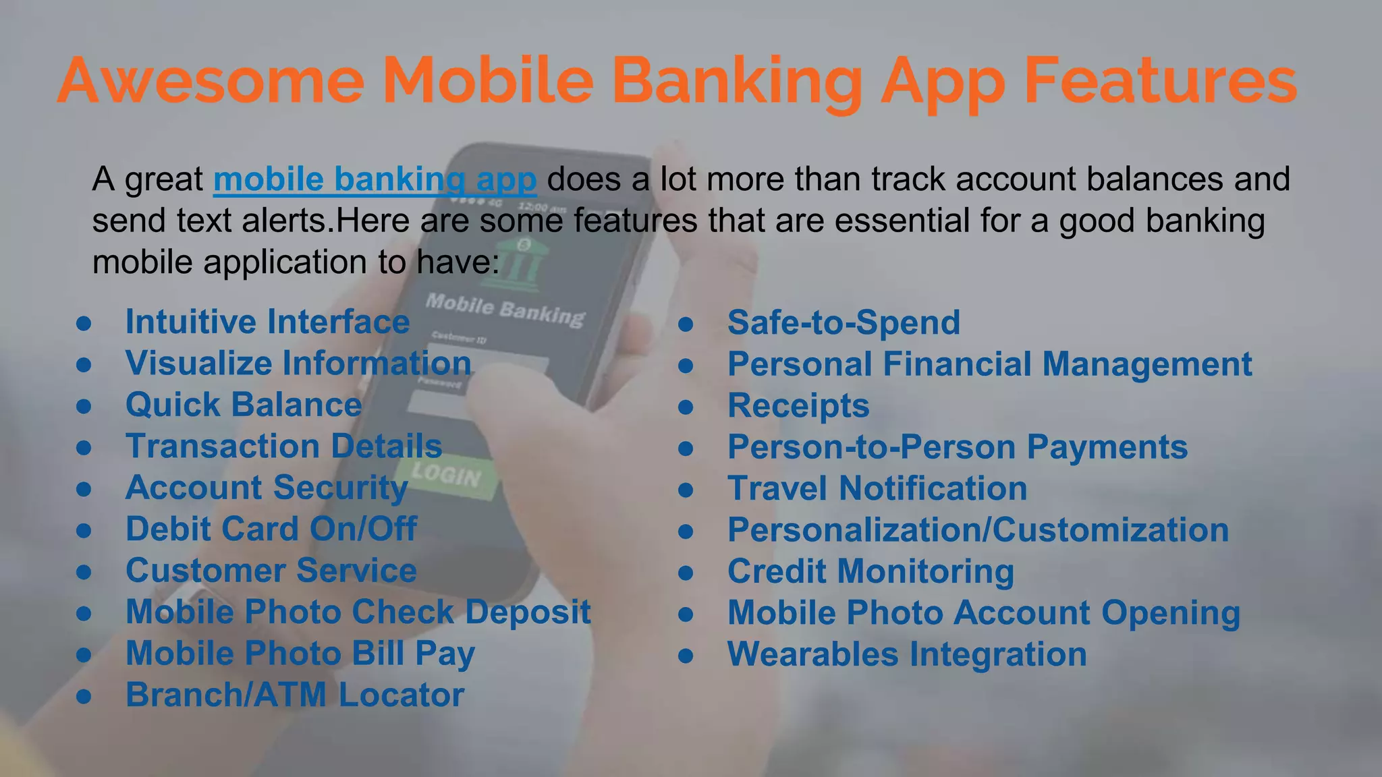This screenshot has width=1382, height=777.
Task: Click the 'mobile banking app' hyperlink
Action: pos(375,179)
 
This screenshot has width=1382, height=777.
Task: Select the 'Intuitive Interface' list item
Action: pos(267,322)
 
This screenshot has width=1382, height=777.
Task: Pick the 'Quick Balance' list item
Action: pos(244,405)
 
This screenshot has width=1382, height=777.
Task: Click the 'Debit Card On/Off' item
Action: pos(271,529)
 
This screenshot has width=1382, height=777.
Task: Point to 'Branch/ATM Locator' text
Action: pos(295,695)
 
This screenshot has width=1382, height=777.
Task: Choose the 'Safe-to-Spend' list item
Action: pos(844,322)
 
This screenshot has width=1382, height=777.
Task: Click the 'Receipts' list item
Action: pos(798,405)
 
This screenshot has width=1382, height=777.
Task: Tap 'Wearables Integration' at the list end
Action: pos(907,654)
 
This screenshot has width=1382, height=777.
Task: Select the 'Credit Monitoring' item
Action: pos(870,571)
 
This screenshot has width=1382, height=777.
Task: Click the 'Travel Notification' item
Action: pos(877,488)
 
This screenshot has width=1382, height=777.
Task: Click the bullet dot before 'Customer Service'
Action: pos(84,572)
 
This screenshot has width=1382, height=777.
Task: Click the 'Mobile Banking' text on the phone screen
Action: pos(505,310)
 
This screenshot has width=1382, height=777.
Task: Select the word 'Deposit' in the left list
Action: pos(528,612)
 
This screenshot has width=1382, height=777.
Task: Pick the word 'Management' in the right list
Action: pos(1147,364)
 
